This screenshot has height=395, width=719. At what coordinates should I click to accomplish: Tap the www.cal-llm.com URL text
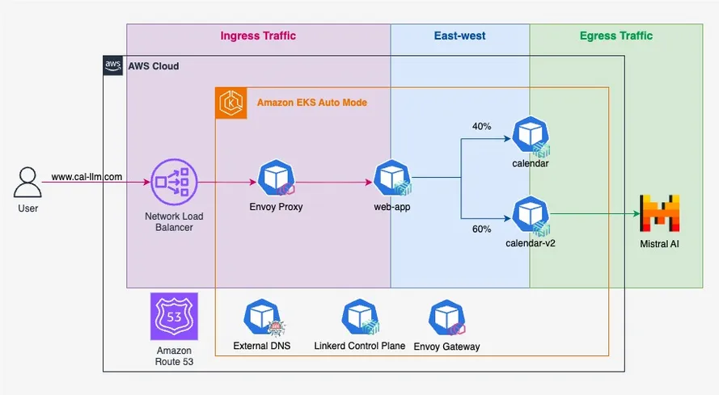tap(87, 176)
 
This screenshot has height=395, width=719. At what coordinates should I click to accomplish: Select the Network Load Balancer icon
tap(174, 183)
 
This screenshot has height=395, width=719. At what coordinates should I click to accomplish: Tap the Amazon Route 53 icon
tap(174, 317)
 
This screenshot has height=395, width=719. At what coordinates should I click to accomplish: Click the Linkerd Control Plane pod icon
tap(358, 318)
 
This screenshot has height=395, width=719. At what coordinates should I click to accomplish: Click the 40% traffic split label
tap(482, 126)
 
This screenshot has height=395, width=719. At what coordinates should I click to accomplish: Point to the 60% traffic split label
tap(482, 229)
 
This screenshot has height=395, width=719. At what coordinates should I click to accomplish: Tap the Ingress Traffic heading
tap(258, 36)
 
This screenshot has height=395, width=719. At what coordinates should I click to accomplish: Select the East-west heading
tap(460, 36)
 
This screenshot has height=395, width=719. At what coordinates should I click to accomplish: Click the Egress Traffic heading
tap(616, 36)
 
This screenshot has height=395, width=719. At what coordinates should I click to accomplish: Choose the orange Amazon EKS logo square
tap(231, 103)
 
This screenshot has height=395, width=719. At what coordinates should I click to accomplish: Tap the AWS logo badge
tap(113, 66)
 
